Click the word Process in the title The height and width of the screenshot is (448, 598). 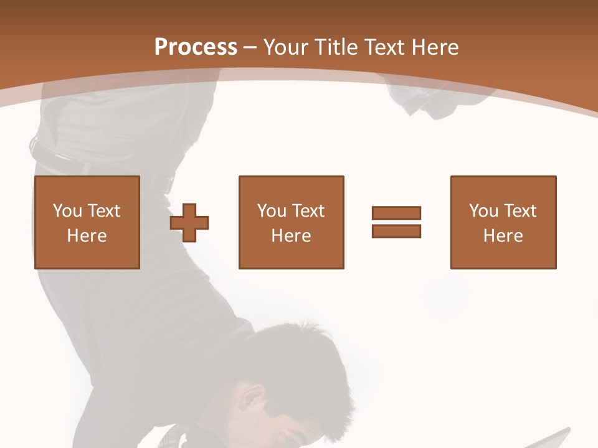[196, 47]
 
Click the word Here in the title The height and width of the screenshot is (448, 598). [435, 47]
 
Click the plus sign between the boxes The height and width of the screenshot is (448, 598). [189, 222]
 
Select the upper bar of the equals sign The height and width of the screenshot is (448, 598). [396, 213]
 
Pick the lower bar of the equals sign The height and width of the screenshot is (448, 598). [396, 231]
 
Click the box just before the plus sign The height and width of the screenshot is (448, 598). [87, 222]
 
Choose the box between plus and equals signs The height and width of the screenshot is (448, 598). [291, 222]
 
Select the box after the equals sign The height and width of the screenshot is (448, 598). [503, 222]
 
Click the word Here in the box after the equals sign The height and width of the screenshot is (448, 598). [503, 236]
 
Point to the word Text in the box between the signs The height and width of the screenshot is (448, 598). [308, 211]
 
